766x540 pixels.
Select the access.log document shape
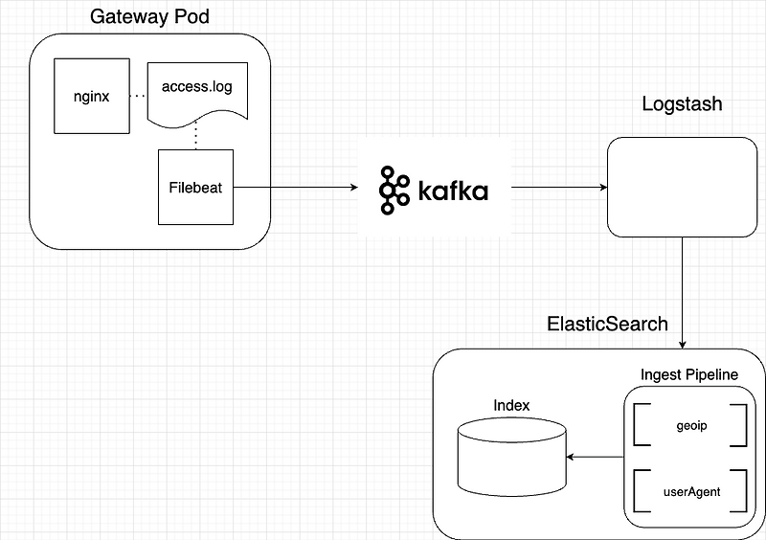196,89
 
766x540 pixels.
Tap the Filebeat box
195,188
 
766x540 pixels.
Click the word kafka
452,190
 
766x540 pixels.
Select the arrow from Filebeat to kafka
293,188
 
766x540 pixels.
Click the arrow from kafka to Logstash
559,188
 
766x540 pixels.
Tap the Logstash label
682,103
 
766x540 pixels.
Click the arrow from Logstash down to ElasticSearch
682,292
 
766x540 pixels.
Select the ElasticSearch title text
607,324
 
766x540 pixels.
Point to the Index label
511,405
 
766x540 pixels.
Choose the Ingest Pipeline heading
688,374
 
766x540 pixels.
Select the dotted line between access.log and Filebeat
196,134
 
